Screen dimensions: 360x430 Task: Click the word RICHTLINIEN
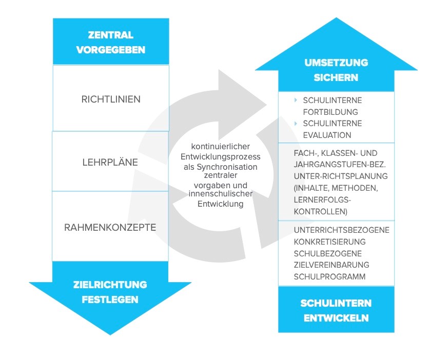coord(111,99)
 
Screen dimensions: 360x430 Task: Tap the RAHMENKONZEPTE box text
coord(111,227)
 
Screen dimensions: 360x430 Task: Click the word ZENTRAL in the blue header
coord(111,35)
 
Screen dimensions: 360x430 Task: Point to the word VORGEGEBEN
coord(111,50)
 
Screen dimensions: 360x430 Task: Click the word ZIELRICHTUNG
coord(110,285)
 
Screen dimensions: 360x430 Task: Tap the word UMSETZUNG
coord(336,63)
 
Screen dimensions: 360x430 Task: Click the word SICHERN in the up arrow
coord(336,78)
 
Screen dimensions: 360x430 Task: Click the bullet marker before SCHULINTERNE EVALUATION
coord(296,124)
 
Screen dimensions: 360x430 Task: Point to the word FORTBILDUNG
coord(330,111)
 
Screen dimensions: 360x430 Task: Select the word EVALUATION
coord(327,135)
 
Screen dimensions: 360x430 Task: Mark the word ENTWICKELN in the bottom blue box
coord(336,317)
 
